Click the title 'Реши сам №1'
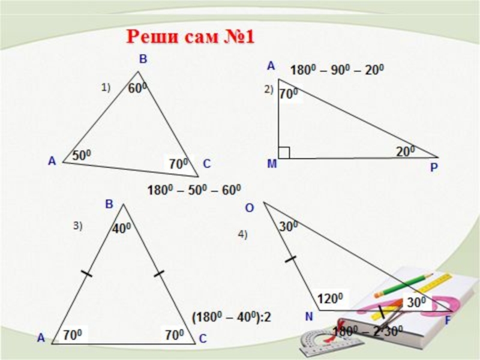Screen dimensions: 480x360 tap(190, 37)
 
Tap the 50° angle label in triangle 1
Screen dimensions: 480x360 tap(81, 155)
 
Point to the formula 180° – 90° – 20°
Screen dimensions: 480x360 tap(337, 70)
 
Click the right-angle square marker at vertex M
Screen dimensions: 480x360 tap(284, 152)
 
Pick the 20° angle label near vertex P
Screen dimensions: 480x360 tap(405, 151)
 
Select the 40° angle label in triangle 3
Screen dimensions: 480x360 tap(122, 228)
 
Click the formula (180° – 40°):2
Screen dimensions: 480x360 tap(231, 316)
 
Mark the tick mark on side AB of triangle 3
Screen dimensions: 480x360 tap(86, 274)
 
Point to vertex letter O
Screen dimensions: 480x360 tap(250, 208)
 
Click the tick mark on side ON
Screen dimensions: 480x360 tap(290, 259)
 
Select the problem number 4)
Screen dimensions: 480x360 tap(243, 235)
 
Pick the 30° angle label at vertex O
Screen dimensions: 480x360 tap(289, 226)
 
